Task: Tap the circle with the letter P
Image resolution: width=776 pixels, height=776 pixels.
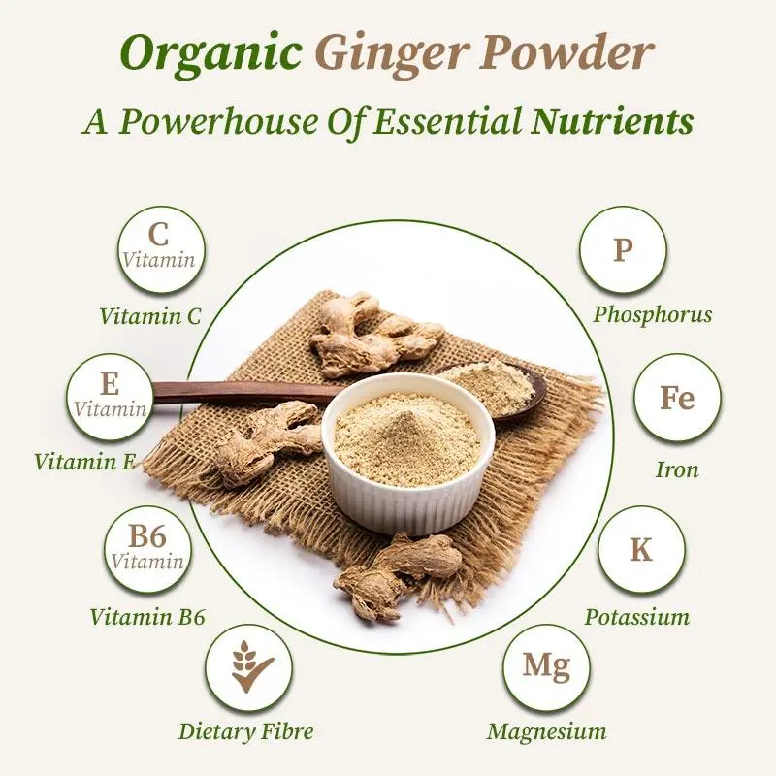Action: [x=622, y=251]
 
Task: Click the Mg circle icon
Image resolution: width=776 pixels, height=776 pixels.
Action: [x=547, y=667]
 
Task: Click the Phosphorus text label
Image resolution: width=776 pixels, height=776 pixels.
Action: [x=653, y=314]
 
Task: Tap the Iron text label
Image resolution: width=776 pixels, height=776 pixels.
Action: [x=677, y=470]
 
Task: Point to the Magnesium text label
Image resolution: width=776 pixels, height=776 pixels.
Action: [x=546, y=731]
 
